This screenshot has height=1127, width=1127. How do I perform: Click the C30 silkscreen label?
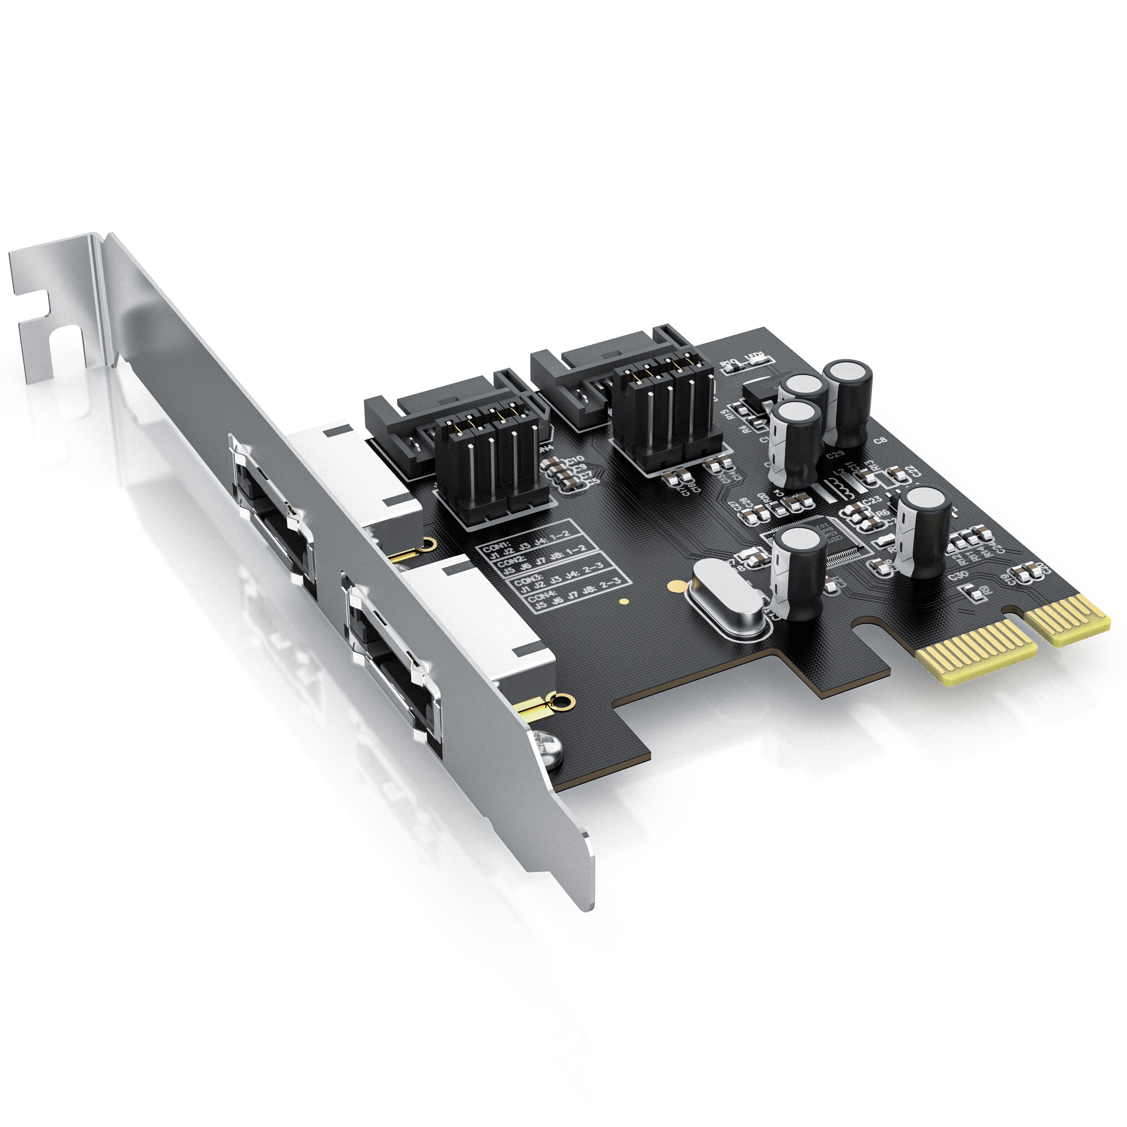958,575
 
